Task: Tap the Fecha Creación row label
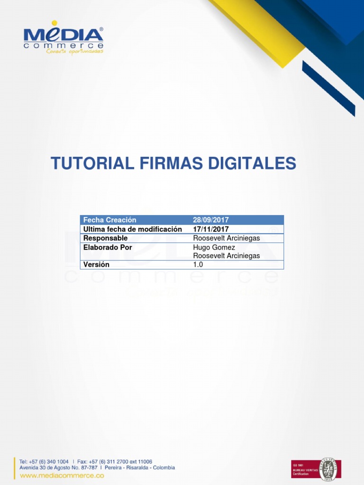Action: [x=109, y=220]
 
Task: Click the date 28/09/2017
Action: [x=210, y=220]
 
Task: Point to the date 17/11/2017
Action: [x=210, y=229]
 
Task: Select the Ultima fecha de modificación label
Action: [x=132, y=229]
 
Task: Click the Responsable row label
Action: [x=105, y=238]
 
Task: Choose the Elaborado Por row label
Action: [x=108, y=247]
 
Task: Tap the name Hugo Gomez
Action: [x=214, y=247]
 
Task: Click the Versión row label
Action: [x=96, y=265]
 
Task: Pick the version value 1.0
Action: [x=198, y=265]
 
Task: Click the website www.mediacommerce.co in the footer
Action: [x=62, y=475]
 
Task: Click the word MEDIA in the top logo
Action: [x=63, y=36]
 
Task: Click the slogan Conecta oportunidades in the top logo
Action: [x=74, y=52]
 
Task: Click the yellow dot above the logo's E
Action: [x=55, y=23]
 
